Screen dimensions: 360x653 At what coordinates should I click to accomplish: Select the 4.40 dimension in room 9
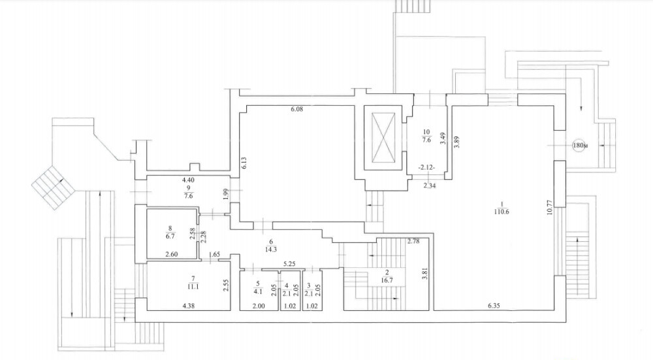coord(188,180)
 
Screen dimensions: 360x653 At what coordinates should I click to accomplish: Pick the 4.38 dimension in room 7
coord(189,305)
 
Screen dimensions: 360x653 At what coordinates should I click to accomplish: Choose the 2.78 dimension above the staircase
coord(413,242)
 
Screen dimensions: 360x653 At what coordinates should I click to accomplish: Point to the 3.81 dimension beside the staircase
coord(424,275)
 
